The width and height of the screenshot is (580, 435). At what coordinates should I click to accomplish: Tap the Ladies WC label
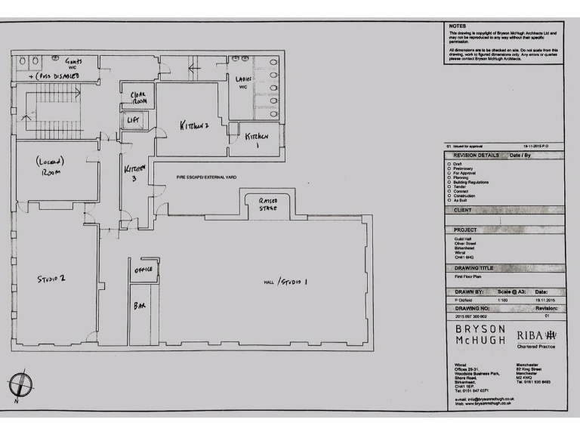point(244,82)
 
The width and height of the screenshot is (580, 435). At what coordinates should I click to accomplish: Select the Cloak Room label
point(138,98)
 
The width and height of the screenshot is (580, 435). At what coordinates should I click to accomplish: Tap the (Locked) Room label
point(50,166)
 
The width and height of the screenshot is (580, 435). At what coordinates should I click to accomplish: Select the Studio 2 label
point(51,278)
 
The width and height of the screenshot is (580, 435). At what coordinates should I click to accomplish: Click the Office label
point(143,270)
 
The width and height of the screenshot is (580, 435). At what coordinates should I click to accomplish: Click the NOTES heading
point(458,25)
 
